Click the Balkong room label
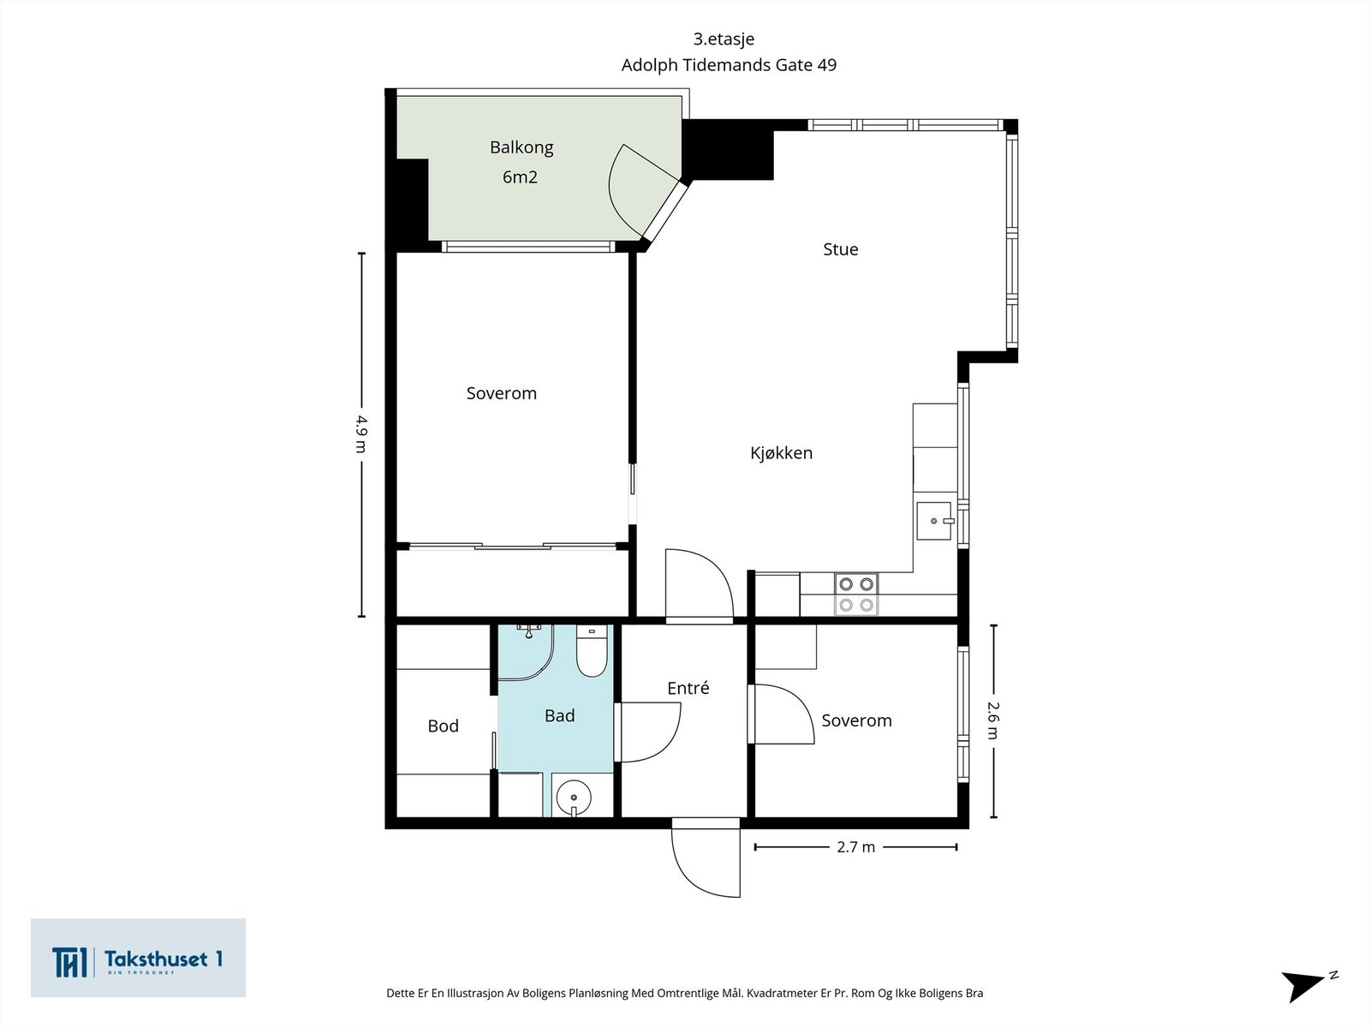click(x=521, y=148)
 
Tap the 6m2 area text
click(x=520, y=177)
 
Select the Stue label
click(x=840, y=249)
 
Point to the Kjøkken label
click(x=782, y=453)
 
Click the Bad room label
click(x=559, y=716)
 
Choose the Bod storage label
click(x=444, y=726)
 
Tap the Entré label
click(x=688, y=688)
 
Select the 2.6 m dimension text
click(x=993, y=720)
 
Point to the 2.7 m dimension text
click(x=855, y=847)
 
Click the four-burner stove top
click(x=855, y=595)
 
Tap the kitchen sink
click(x=934, y=521)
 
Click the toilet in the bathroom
click(x=592, y=651)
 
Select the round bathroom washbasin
click(x=574, y=797)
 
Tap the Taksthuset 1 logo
click(x=138, y=958)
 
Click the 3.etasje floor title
click(x=724, y=39)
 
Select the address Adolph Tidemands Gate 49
click(x=729, y=65)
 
